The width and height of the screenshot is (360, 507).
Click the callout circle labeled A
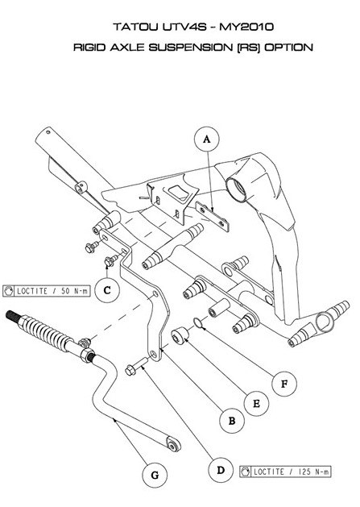click(207, 139)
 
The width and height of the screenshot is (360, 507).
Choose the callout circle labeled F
click(283, 384)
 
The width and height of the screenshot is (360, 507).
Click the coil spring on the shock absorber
click(48, 330)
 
